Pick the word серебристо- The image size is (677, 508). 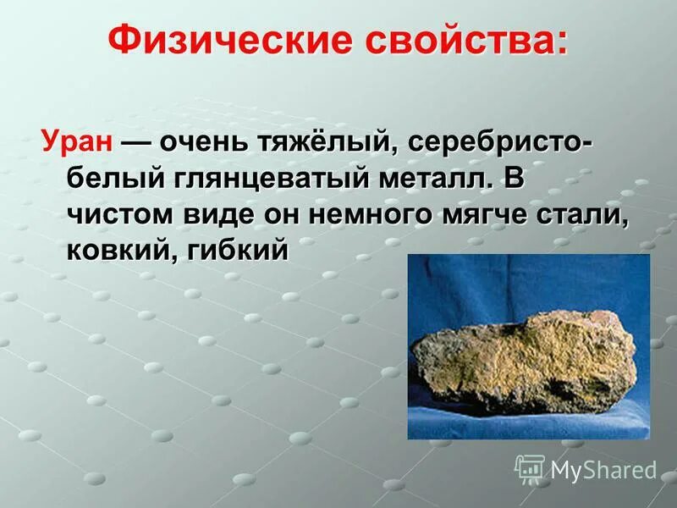[x=500, y=142]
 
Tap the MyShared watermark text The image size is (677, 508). [x=604, y=469]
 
